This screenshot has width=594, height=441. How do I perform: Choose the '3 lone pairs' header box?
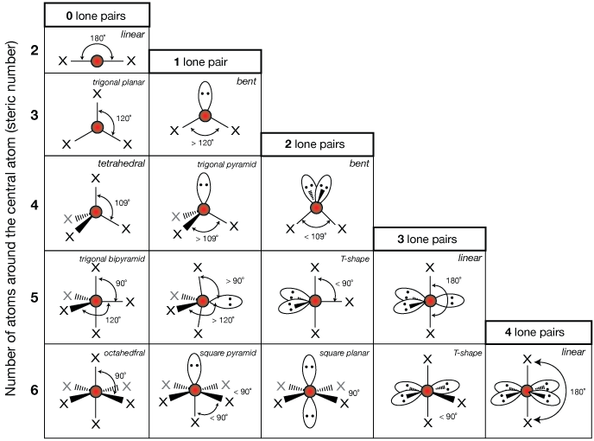(429, 239)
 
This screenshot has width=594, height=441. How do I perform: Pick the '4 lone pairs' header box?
(540, 332)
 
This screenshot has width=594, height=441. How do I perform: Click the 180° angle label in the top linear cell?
(98, 38)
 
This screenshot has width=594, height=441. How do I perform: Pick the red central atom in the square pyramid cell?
(205, 391)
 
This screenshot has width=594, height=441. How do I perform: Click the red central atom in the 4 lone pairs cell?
(528, 391)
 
